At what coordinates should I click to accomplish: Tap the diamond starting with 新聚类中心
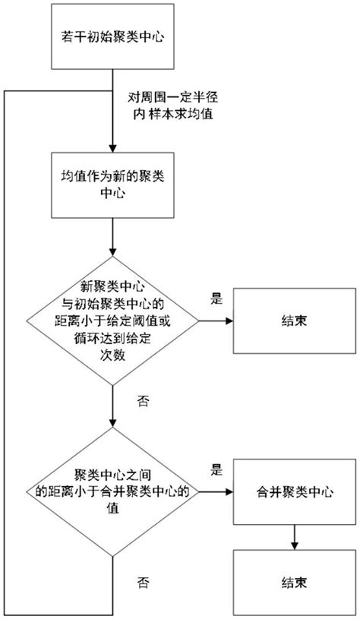pyautogui.click(x=112, y=321)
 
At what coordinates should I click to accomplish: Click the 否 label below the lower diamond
pyautogui.click(x=142, y=583)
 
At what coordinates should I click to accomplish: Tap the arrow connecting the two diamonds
pyautogui.click(x=112, y=415)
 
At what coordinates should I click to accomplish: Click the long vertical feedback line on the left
pyautogui.click(x=6, y=342)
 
